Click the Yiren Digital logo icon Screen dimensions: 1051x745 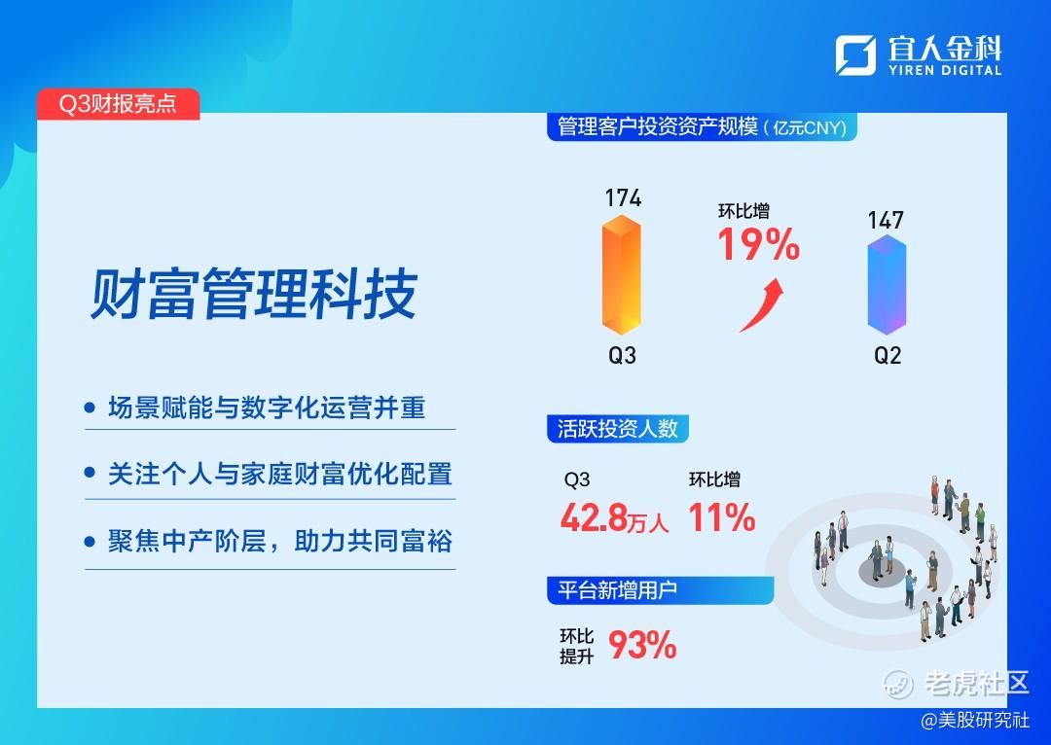(x=855, y=54)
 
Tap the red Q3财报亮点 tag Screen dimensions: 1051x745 (x=118, y=104)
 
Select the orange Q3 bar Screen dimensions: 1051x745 (x=621, y=274)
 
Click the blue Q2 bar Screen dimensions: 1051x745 (x=887, y=285)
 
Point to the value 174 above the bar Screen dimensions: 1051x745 (x=623, y=197)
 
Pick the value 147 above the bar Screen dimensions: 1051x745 (x=886, y=220)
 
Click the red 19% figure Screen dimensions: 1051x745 (x=759, y=244)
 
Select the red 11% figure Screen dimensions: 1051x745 (x=722, y=517)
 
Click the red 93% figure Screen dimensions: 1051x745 (x=642, y=645)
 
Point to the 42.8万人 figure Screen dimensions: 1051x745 (x=615, y=517)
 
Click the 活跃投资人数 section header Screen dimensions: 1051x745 (x=618, y=429)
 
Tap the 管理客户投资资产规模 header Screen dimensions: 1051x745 (x=702, y=126)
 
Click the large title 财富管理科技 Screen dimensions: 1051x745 (x=254, y=294)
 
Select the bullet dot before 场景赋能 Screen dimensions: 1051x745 (x=90, y=408)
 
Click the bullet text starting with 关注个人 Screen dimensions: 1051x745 (x=280, y=474)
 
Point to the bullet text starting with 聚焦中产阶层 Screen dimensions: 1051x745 (x=280, y=541)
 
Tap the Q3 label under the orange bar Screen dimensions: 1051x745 (x=622, y=355)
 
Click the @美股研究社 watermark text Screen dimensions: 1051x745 (x=975, y=721)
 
